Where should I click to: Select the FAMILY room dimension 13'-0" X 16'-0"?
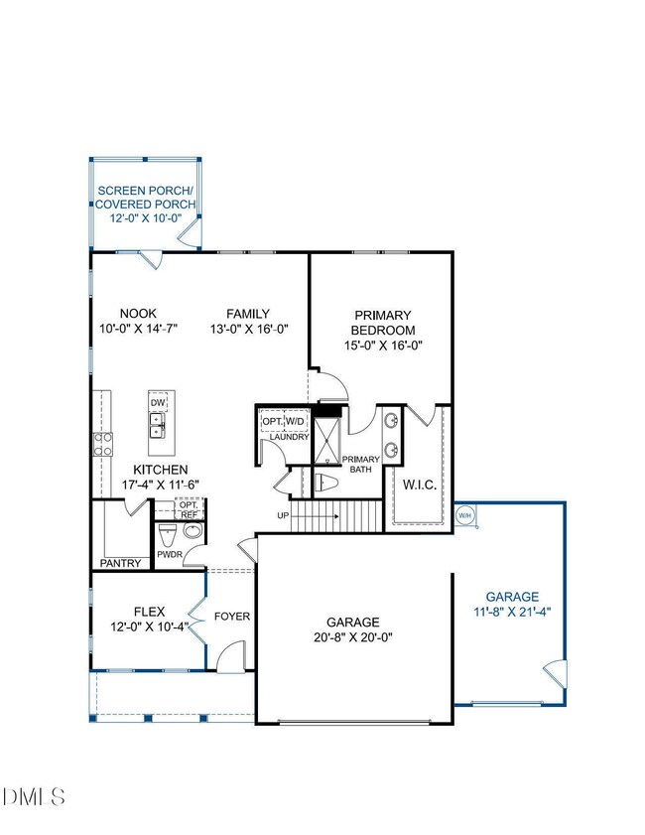(x=248, y=330)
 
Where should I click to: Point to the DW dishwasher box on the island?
(x=158, y=402)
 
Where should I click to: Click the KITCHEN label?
(x=161, y=470)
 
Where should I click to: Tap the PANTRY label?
(x=121, y=563)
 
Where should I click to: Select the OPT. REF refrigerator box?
(x=189, y=509)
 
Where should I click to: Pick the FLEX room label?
(x=149, y=612)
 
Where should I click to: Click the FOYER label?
(x=232, y=617)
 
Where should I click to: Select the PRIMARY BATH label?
(x=355, y=464)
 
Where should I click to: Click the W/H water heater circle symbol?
(x=463, y=515)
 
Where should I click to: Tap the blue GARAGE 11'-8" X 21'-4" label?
(x=512, y=605)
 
